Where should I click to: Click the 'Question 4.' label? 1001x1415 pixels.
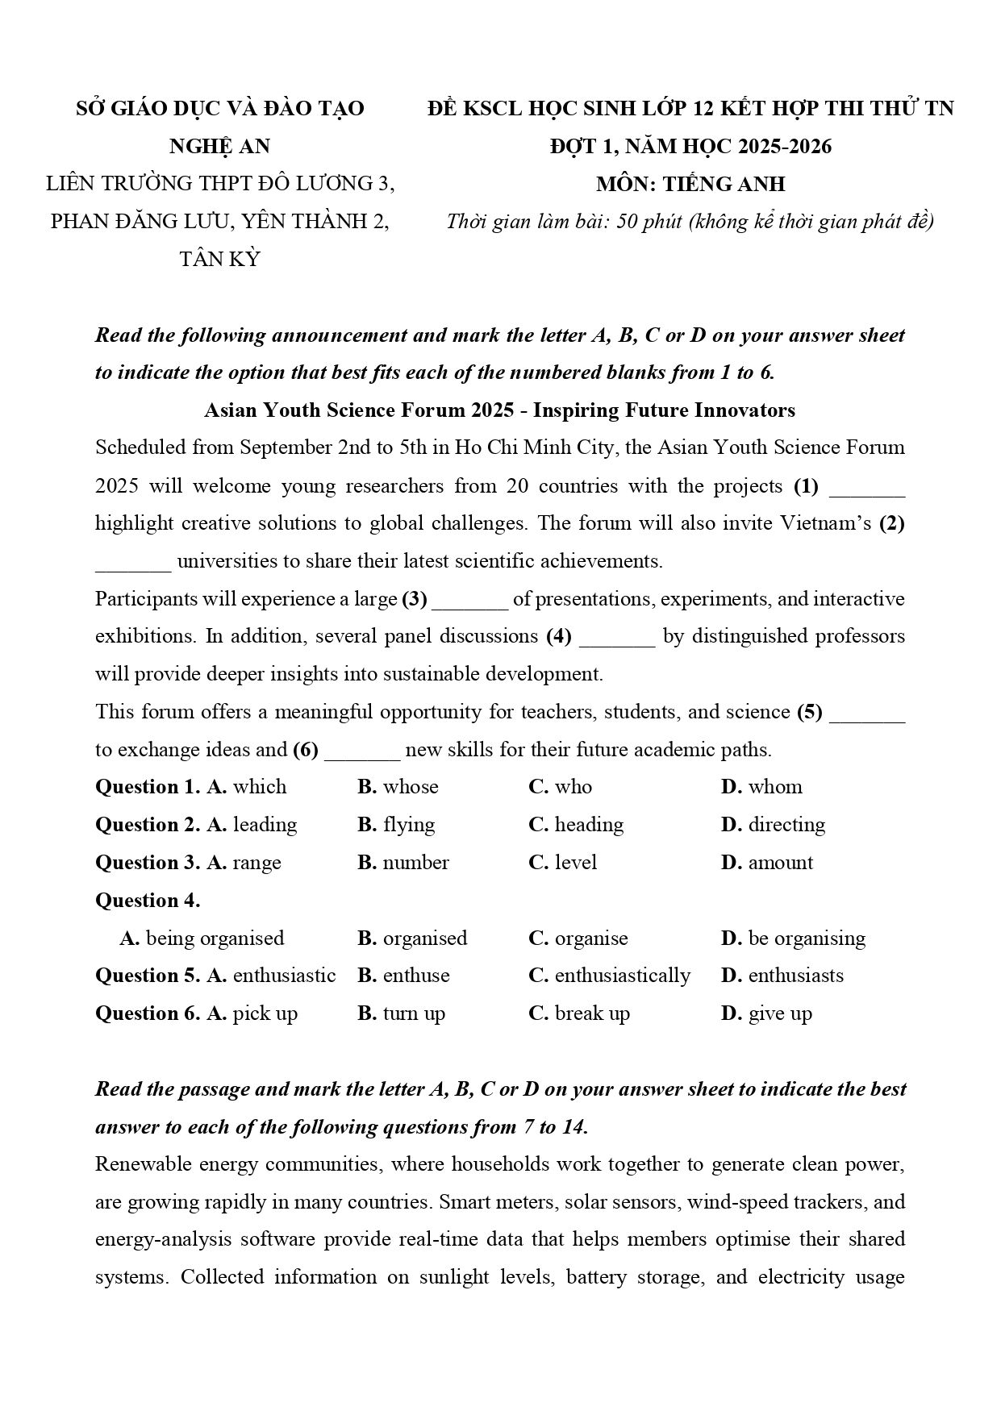(148, 901)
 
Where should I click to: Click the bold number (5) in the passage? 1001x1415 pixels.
(809, 712)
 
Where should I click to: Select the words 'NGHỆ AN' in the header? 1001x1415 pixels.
(219, 147)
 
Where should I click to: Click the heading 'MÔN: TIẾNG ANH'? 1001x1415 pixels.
(690, 185)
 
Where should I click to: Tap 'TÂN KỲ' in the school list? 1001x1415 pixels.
(219, 259)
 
